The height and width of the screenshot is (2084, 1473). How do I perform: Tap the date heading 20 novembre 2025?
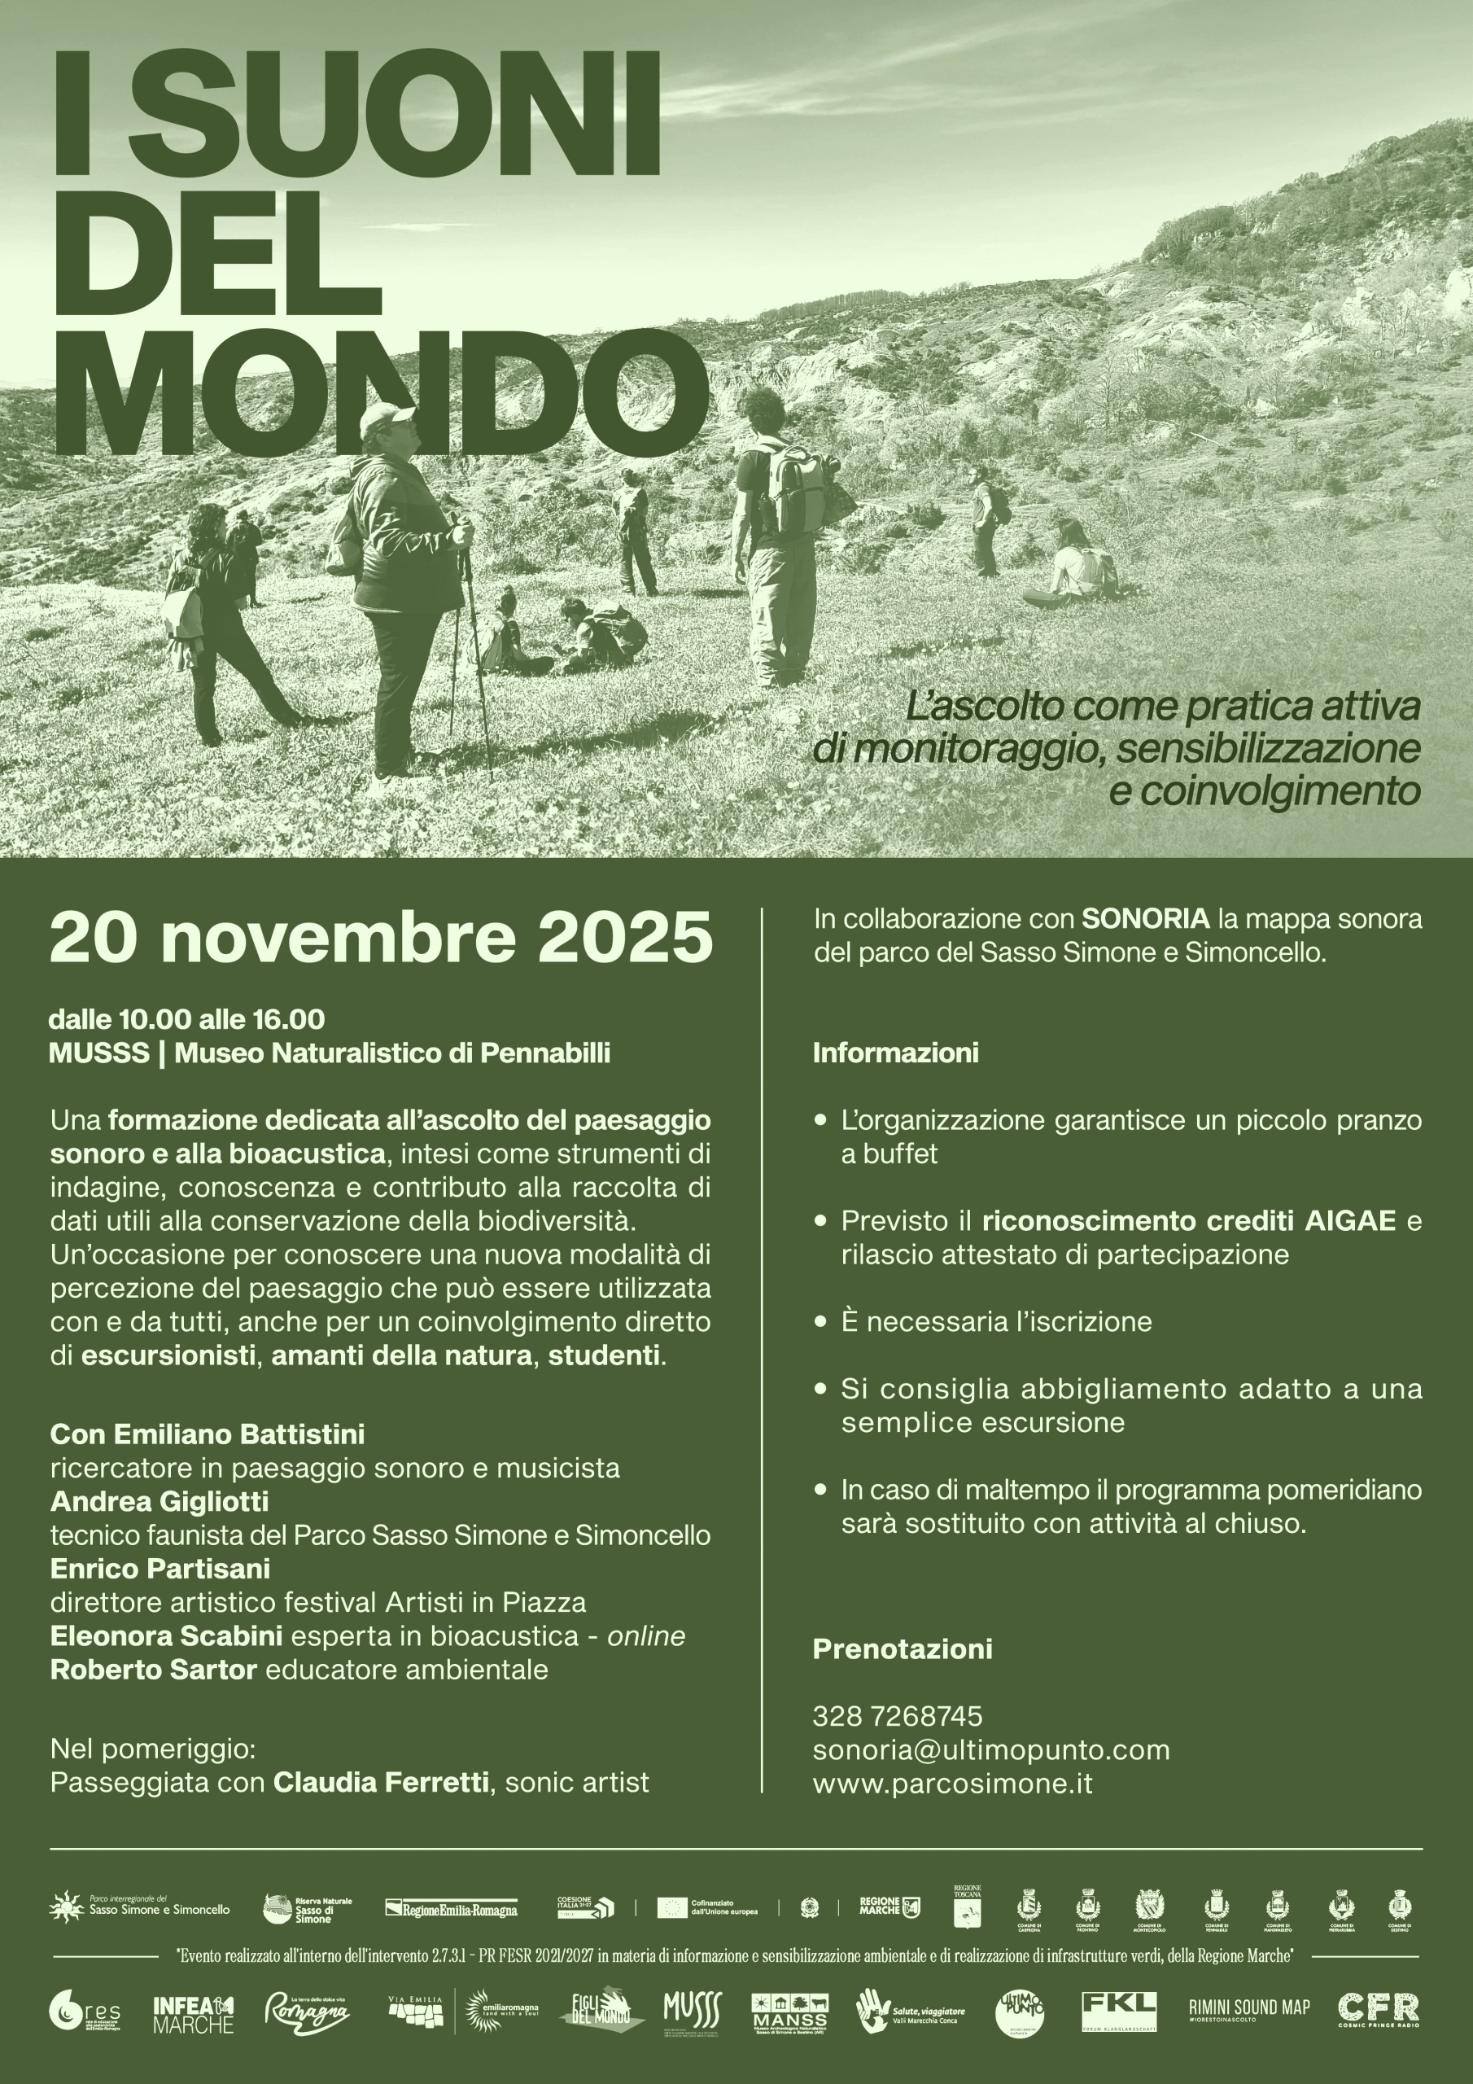point(381,938)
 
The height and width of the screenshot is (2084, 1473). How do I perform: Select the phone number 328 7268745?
point(897,1716)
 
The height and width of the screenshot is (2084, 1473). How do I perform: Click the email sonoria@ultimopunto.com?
point(991,1750)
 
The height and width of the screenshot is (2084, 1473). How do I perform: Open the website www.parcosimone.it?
point(952,1784)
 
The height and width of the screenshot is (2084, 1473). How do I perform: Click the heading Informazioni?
point(895,1053)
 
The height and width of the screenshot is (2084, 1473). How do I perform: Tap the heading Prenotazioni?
point(903,1649)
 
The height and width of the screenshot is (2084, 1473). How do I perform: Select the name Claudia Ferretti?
point(381,1783)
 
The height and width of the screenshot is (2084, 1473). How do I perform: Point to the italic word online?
point(646,1635)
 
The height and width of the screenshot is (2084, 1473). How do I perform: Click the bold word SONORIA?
point(1145,918)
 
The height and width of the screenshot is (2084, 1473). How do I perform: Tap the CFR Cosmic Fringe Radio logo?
point(1378,2010)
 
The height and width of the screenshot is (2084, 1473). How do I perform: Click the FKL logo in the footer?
point(1119,2012)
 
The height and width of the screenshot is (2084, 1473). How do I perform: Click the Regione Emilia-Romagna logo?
point(451,1909)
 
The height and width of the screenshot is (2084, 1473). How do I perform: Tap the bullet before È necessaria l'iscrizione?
point(820,1320)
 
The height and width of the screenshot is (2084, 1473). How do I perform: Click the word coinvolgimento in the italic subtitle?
point(1263,790)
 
